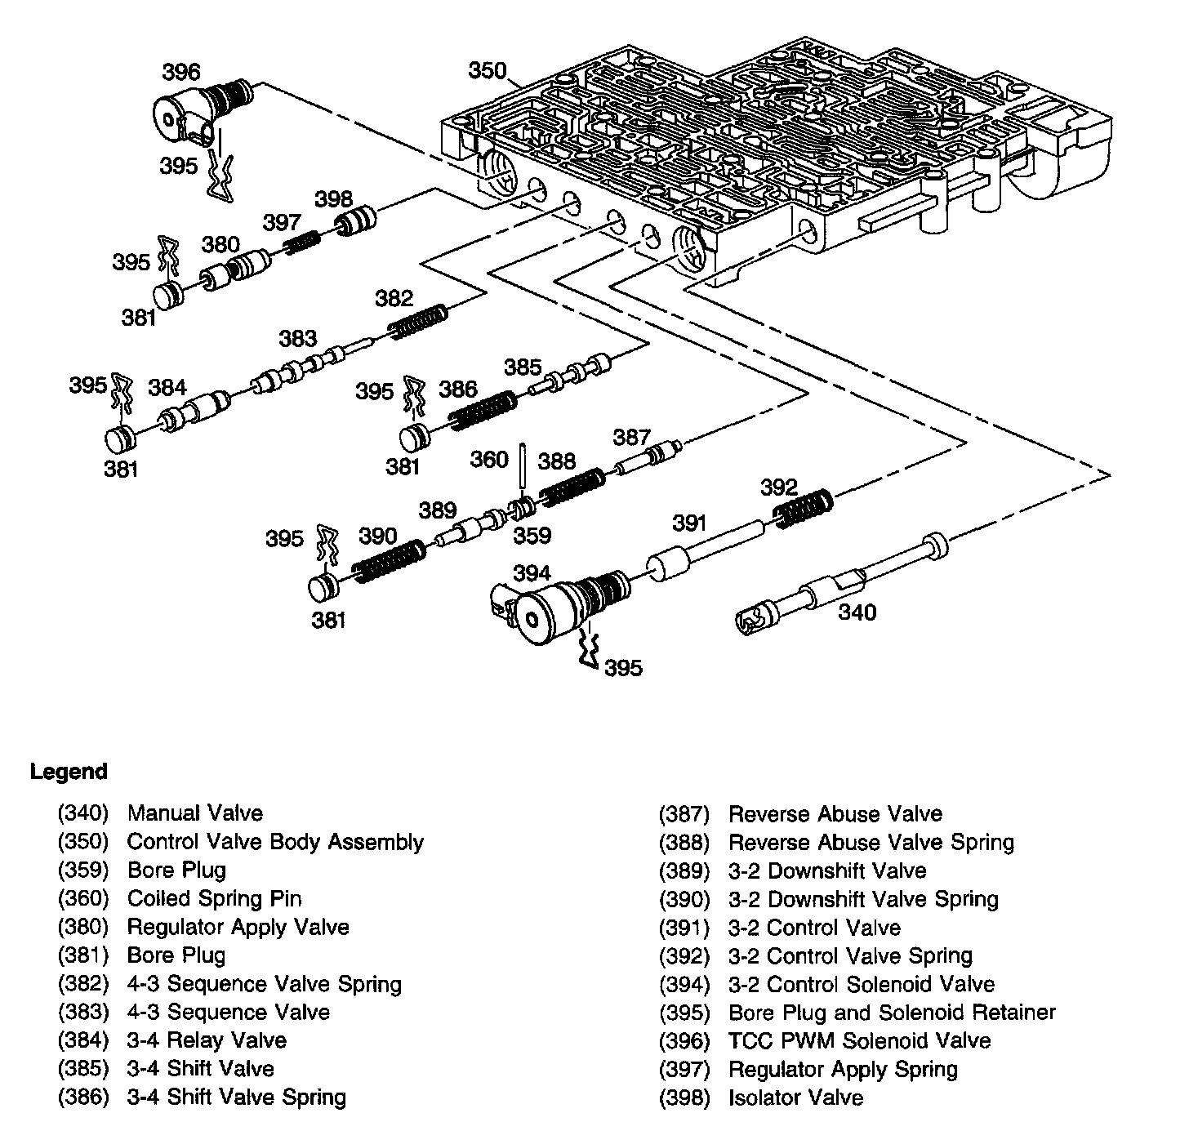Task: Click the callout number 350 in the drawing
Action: (487, 71)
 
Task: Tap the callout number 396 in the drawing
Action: (180, 72)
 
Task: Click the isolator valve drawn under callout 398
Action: (356, 222)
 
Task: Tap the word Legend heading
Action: (69, 772)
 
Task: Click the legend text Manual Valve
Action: (195, 813)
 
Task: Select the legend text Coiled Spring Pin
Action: (214, 898)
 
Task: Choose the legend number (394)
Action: (684, 984)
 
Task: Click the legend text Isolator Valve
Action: (795, 1098)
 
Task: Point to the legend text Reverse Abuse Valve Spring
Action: (871, 842)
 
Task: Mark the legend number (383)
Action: (83, 1013)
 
